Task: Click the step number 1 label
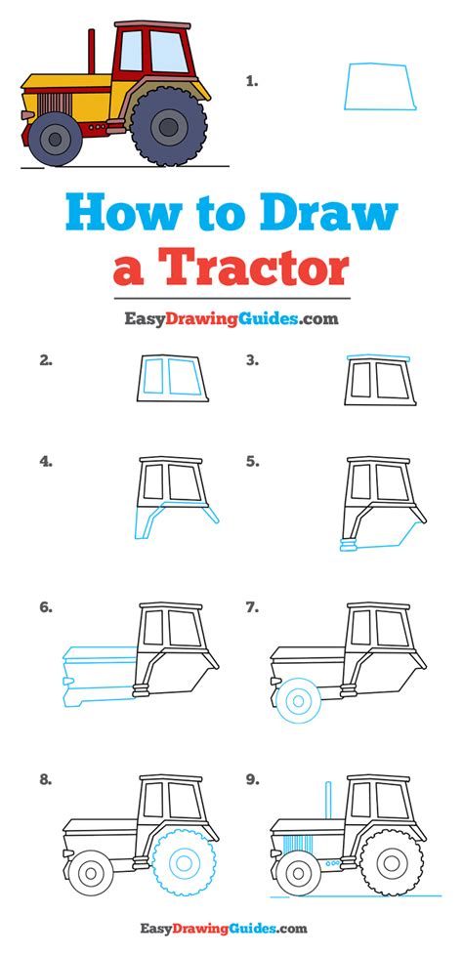252,82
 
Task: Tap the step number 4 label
45,460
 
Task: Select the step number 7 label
252,607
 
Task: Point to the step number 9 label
252,779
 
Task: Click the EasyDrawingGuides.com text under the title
231,317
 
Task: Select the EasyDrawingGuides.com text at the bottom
231,929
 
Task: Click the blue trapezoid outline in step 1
378,86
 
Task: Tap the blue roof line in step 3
377,358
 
